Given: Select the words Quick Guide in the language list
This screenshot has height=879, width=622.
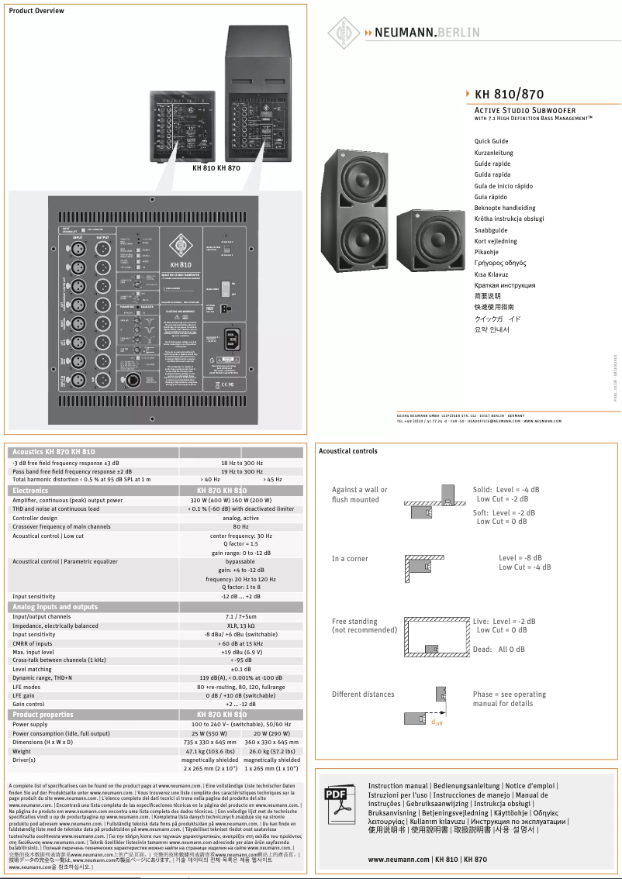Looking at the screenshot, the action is (491, 141).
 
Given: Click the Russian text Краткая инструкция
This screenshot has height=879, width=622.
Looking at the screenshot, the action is (504, 285).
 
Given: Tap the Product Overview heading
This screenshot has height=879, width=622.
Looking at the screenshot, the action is (36, 11).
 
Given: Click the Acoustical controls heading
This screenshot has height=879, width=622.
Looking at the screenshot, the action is (348, 451).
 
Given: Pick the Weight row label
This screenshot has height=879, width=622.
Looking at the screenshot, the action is (22, 751).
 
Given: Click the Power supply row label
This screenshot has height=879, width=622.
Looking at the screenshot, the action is (30, 725).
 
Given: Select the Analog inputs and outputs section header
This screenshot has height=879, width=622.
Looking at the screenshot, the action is (55, 607).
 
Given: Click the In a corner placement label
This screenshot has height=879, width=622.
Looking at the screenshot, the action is (350, 559).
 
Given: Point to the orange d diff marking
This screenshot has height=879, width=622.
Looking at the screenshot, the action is (437, 722).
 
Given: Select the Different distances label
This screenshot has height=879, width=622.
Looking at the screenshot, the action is (363, 695).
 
